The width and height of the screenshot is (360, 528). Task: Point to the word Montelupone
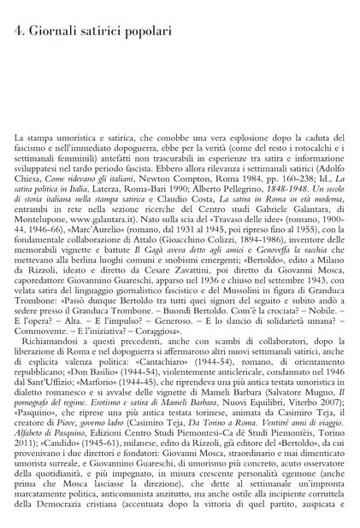[41, 207]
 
